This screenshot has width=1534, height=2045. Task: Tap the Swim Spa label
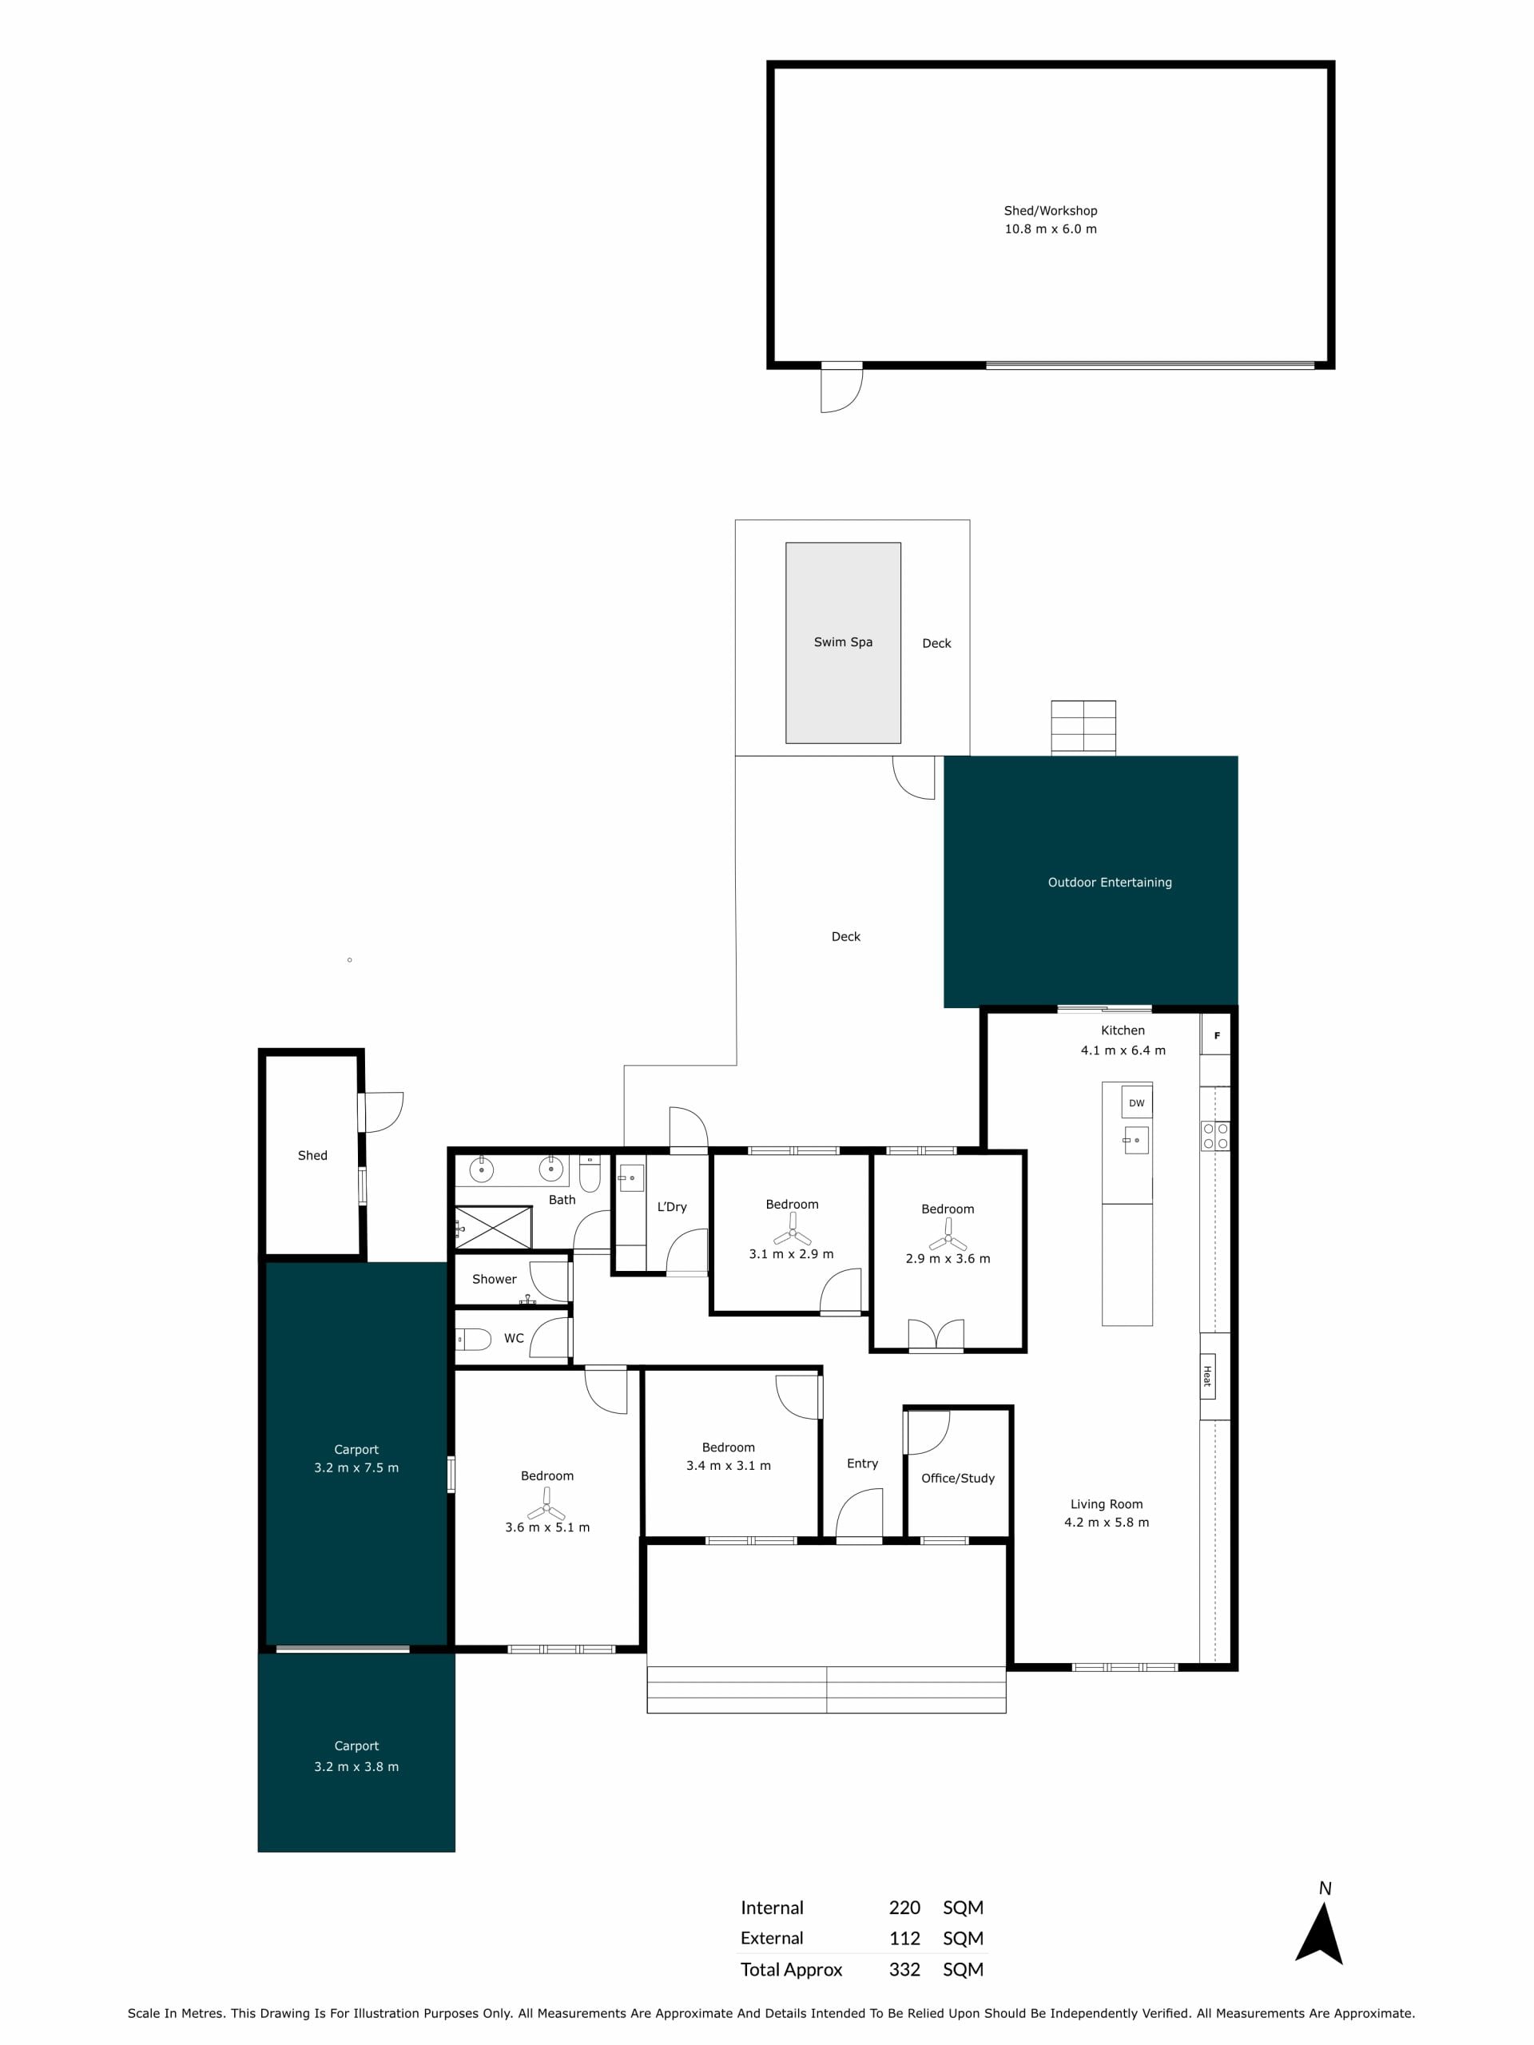click(842, 641)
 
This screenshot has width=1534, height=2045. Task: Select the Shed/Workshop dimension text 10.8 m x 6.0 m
click(1051, 228)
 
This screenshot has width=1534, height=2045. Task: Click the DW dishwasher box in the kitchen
click(1136, 1102)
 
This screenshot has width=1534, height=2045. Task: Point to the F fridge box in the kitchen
click(1216, 1035)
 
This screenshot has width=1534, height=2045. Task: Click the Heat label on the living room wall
click(1206, 1376)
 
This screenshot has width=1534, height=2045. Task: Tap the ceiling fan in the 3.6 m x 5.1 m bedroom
click(546, 1505)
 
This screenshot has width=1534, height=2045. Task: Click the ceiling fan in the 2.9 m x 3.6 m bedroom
click(948, 1235)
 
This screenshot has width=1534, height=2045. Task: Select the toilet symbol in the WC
click(472, 1339)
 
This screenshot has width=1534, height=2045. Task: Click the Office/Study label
click(958, 1479)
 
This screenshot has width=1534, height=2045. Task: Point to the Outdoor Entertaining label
click(1110, 882)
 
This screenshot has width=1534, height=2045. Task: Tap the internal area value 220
click(904, 1908)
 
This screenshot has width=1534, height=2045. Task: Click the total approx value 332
click(904, 1969)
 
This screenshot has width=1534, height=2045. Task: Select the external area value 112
click(904, 1938)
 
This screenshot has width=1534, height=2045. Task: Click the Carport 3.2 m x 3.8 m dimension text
click(356, 1767)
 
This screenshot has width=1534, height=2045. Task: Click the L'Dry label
click(672, 1206)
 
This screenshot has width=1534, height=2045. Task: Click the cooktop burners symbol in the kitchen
click(1215, 1136)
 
